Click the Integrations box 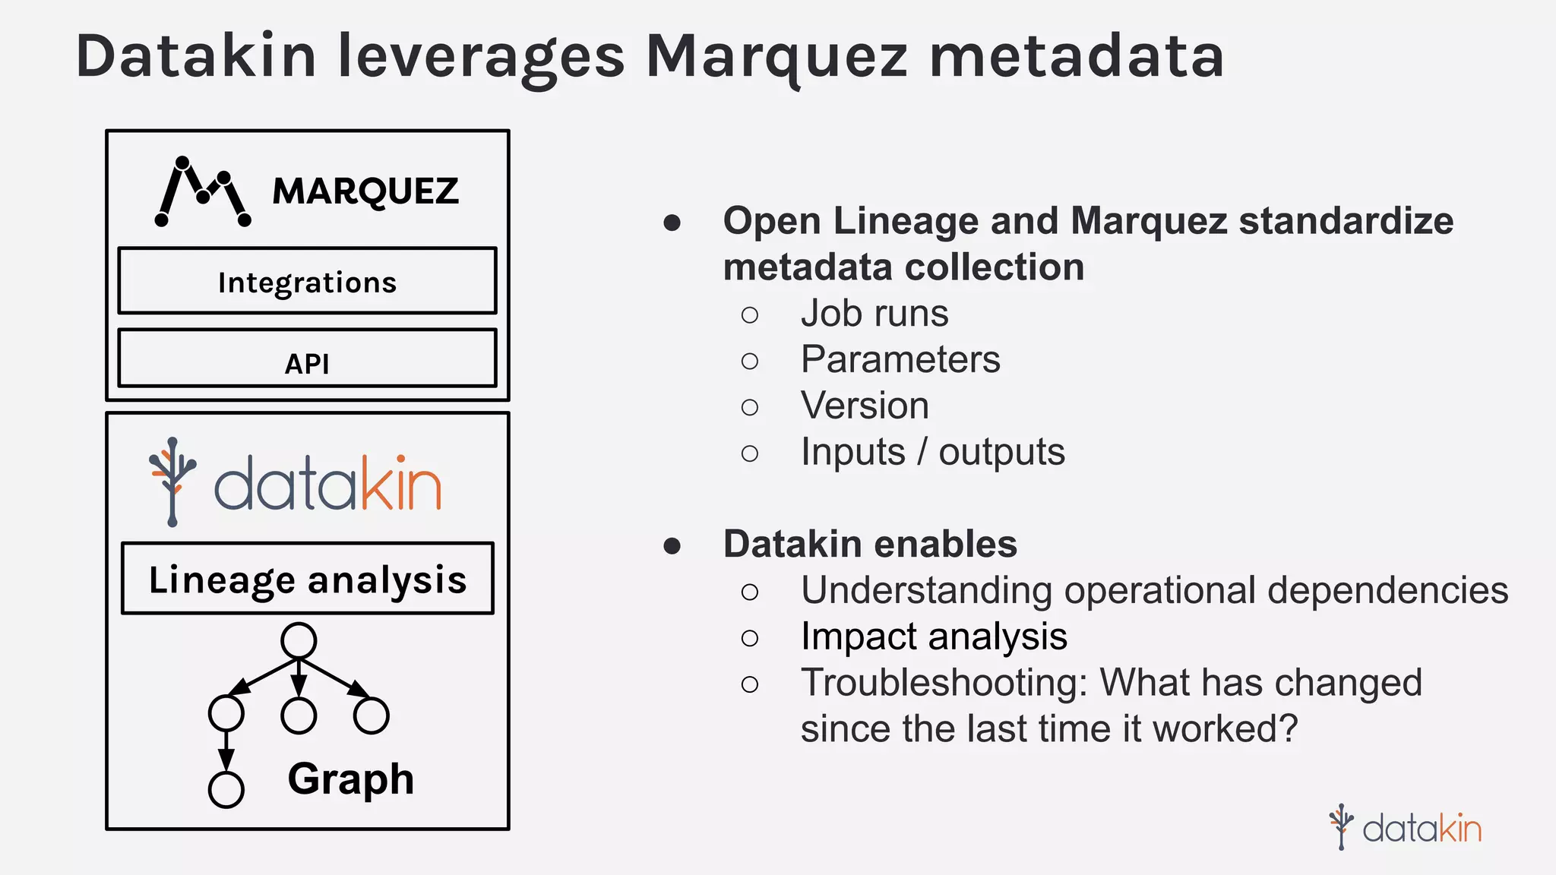point(307,282)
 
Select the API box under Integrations point(307,359)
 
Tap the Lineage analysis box point(307,579)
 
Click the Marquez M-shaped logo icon point(202,192)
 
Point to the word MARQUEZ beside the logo point(365,191)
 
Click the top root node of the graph point(299,641)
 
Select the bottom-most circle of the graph point(226,790)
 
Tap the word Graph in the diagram point(350,779)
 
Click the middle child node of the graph point(299,715)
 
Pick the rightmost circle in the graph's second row point(372,715)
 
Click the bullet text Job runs point(874,314)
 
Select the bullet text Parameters point(900,359)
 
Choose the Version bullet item point(865,406)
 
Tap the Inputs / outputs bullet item point(932,452)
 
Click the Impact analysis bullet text point(934,637)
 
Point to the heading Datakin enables point(870,544)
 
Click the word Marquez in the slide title point(776,58)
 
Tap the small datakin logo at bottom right point(1406,827)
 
